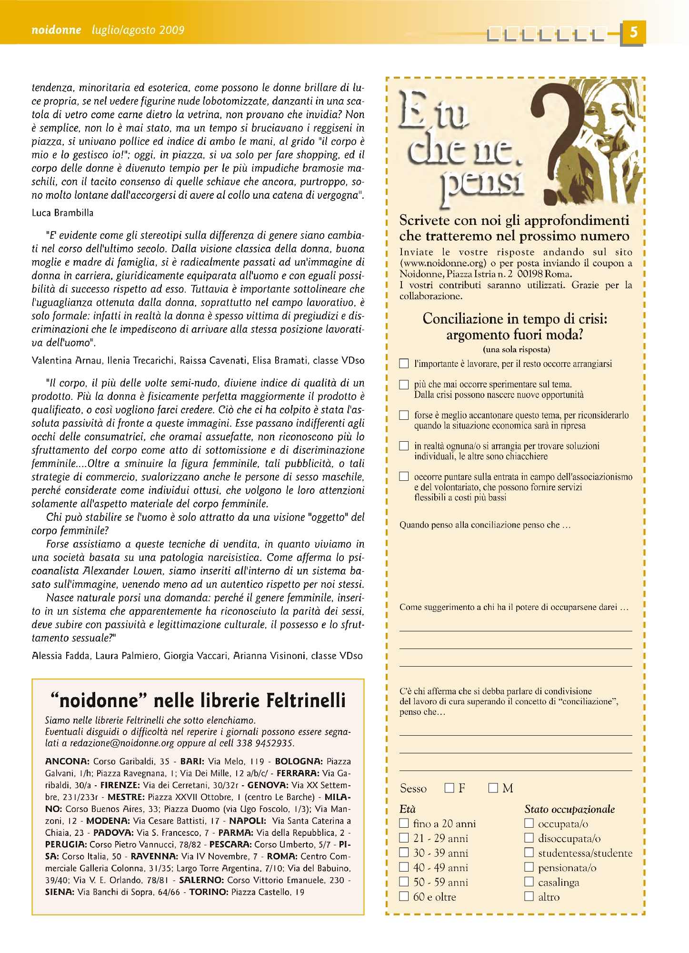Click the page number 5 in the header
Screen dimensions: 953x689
(633, 32)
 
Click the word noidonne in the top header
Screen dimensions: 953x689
(56, 30)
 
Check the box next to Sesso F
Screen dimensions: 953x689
(449, 788)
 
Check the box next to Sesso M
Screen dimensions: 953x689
(493, 788)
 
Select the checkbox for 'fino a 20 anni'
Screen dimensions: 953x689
(404, 823)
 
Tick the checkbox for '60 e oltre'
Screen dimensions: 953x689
(404, 896)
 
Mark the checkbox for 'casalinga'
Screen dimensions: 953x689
(529, 882)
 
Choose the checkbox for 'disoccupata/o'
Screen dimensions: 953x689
(529, 838)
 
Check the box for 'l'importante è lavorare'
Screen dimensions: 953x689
(404, 364)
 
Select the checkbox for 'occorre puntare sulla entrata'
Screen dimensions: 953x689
(404, 476)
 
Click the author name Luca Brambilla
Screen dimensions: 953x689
(62, 213)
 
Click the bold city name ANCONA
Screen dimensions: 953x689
(67, 761)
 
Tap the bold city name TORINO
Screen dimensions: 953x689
(209, 892)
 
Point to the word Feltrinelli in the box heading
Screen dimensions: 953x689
(305, 700)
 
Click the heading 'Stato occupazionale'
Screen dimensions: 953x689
(569, 809)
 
